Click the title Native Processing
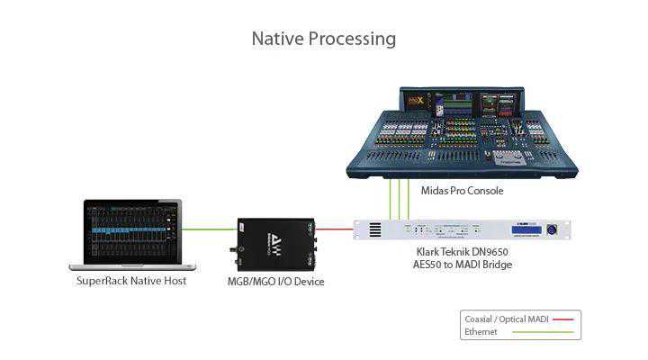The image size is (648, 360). point(323,39)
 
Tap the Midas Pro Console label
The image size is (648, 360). point(462,191)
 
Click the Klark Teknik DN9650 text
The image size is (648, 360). point(462,252)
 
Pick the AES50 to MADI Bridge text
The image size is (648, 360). point(462,265)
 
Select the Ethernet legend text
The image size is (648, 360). point(481,331)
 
